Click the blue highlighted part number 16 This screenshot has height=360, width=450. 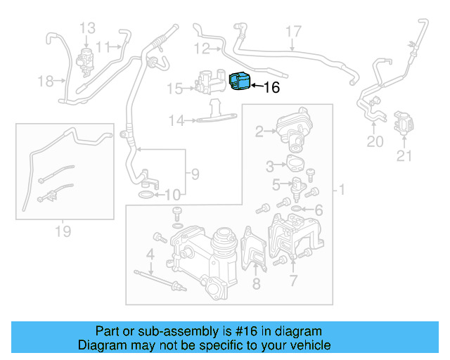[240, 82]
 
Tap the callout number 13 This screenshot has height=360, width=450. [87, 28]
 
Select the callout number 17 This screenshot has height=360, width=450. [293, 31]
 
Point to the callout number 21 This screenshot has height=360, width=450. [403, 156]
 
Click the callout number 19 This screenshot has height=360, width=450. [63, 230]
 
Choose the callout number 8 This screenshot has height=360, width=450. [256, 283]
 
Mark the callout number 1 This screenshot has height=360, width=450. [342, 190]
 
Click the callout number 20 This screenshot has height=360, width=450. [375, 142]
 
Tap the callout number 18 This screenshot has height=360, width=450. [46, 82]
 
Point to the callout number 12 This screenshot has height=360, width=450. [202, 49]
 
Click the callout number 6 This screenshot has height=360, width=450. [319, 210]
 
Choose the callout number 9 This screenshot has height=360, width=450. [195, 173]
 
